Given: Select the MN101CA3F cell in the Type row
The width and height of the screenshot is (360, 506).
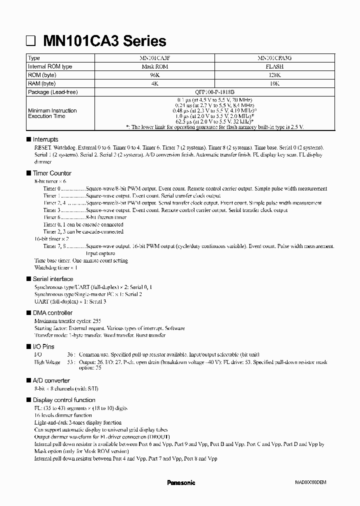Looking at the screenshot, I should click(154, 58).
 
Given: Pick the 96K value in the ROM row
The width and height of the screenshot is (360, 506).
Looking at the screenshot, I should click(154, 75).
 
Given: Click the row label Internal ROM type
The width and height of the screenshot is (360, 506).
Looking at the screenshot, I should click(50, 66).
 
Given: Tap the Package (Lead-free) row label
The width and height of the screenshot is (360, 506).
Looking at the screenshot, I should click(53, 92).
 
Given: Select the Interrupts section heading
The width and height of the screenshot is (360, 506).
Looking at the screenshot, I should click(45, 139).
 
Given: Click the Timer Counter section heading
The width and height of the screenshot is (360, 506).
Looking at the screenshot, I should click(52, 173).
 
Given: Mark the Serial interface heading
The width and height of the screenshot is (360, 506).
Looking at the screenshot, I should click(52, 279).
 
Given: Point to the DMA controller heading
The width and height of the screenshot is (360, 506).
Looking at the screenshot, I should click(52, 313).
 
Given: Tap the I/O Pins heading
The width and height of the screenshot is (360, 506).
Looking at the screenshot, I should click(43, 346).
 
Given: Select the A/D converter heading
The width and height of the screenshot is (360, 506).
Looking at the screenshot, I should click(51, 381).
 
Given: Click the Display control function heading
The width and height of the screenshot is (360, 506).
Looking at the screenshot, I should click(63, 400).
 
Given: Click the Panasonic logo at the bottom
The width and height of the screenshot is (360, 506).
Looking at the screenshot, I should click(180, 483).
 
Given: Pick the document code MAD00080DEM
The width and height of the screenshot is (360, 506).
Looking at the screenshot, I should click(310, 483).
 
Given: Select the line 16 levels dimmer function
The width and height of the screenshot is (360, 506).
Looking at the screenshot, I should click(63, 415).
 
